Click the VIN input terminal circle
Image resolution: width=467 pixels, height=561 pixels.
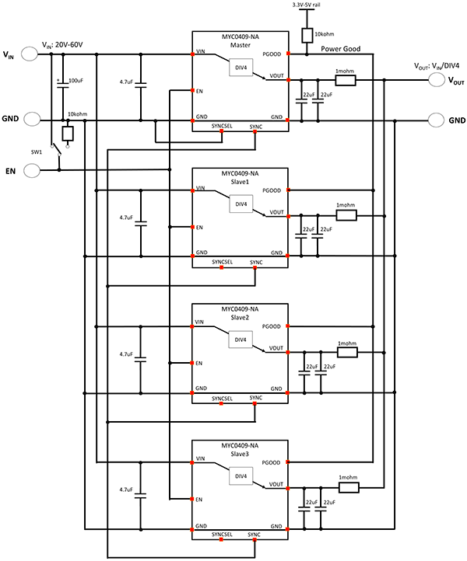(31, 54)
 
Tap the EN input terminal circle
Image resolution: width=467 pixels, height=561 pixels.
(31, 169)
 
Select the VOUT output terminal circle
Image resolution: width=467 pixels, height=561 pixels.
(437, 80)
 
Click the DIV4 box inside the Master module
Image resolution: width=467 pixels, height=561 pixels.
(241, 68)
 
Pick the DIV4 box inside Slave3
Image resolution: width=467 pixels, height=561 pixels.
(241, 476)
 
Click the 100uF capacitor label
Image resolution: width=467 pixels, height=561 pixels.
(76, 80)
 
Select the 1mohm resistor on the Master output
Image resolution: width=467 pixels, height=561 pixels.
(344, 80)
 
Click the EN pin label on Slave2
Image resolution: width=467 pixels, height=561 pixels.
(200, 363)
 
